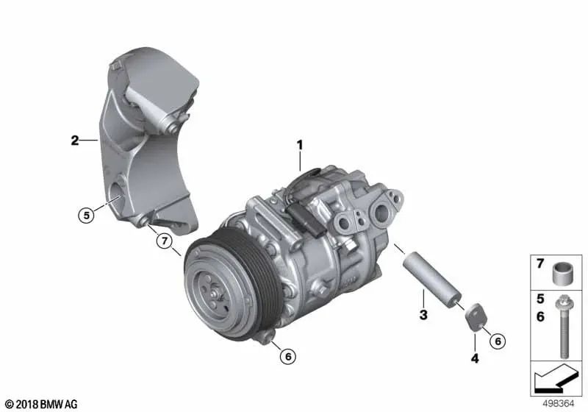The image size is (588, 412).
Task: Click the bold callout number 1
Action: (x=300, y=145)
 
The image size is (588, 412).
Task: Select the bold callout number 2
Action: (x=75, y=141)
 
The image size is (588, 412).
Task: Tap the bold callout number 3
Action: (x=423, y=314)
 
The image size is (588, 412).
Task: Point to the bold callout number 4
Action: (x=475, y=358)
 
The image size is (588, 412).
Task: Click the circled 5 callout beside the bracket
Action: (x=86, y=216)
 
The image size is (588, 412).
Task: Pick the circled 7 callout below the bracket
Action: (x=164, y=241)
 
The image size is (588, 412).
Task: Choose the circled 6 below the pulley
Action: (x=288, y=356)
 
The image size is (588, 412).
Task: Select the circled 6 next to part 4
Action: (x=498, y=341)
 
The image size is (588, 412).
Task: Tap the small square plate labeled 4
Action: (x=474, y=317)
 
